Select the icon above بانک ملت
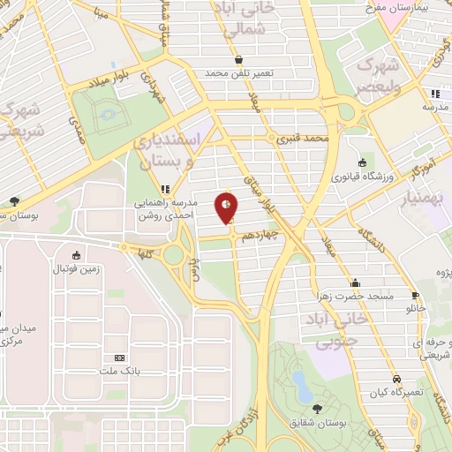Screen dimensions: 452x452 [x=119, y=358]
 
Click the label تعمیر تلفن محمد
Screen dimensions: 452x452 [x=240, y=73]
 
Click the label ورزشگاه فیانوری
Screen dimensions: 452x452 [x=361, y=176]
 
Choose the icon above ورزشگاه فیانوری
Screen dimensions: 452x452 [x=362, y=162]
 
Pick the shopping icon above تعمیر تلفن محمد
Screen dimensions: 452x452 [x=240, y=60]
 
